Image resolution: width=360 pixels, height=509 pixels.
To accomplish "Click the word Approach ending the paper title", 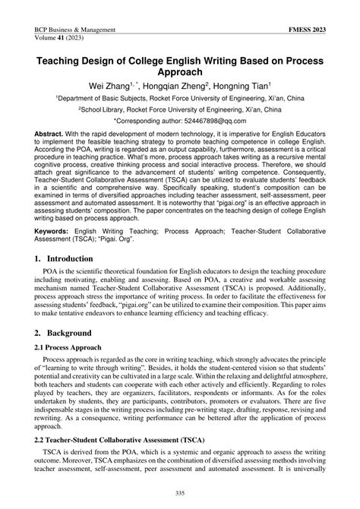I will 179,72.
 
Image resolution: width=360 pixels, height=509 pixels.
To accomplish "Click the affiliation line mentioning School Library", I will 180,109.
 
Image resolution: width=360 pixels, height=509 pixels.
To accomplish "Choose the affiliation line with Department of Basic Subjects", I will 180,99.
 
